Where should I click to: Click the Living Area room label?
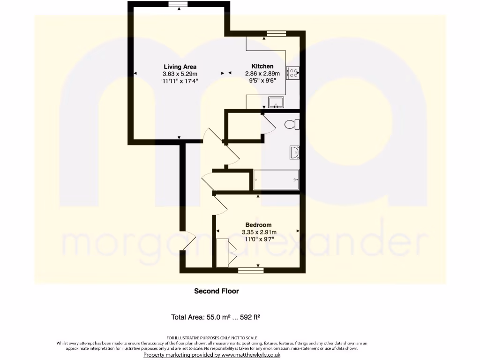[x=180, y=67]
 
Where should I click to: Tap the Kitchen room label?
[x=262, y=66]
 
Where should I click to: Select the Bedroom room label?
[x=259, y=225]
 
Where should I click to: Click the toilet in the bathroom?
[x=292, y=125]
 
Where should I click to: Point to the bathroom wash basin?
[x=295, y=152]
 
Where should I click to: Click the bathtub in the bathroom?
[x=276, y=180]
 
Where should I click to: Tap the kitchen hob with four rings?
[x=293, y=73]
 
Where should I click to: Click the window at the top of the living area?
[x=178, y=4]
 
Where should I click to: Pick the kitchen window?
[x=276, y=33]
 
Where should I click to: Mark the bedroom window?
[x=250, y=270]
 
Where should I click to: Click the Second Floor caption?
[x=217, y=291]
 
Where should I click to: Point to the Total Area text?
[x=216, y=317]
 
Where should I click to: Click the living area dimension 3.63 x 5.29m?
[x=180, y=74]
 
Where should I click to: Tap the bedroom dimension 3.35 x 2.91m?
[x=259, y=232]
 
